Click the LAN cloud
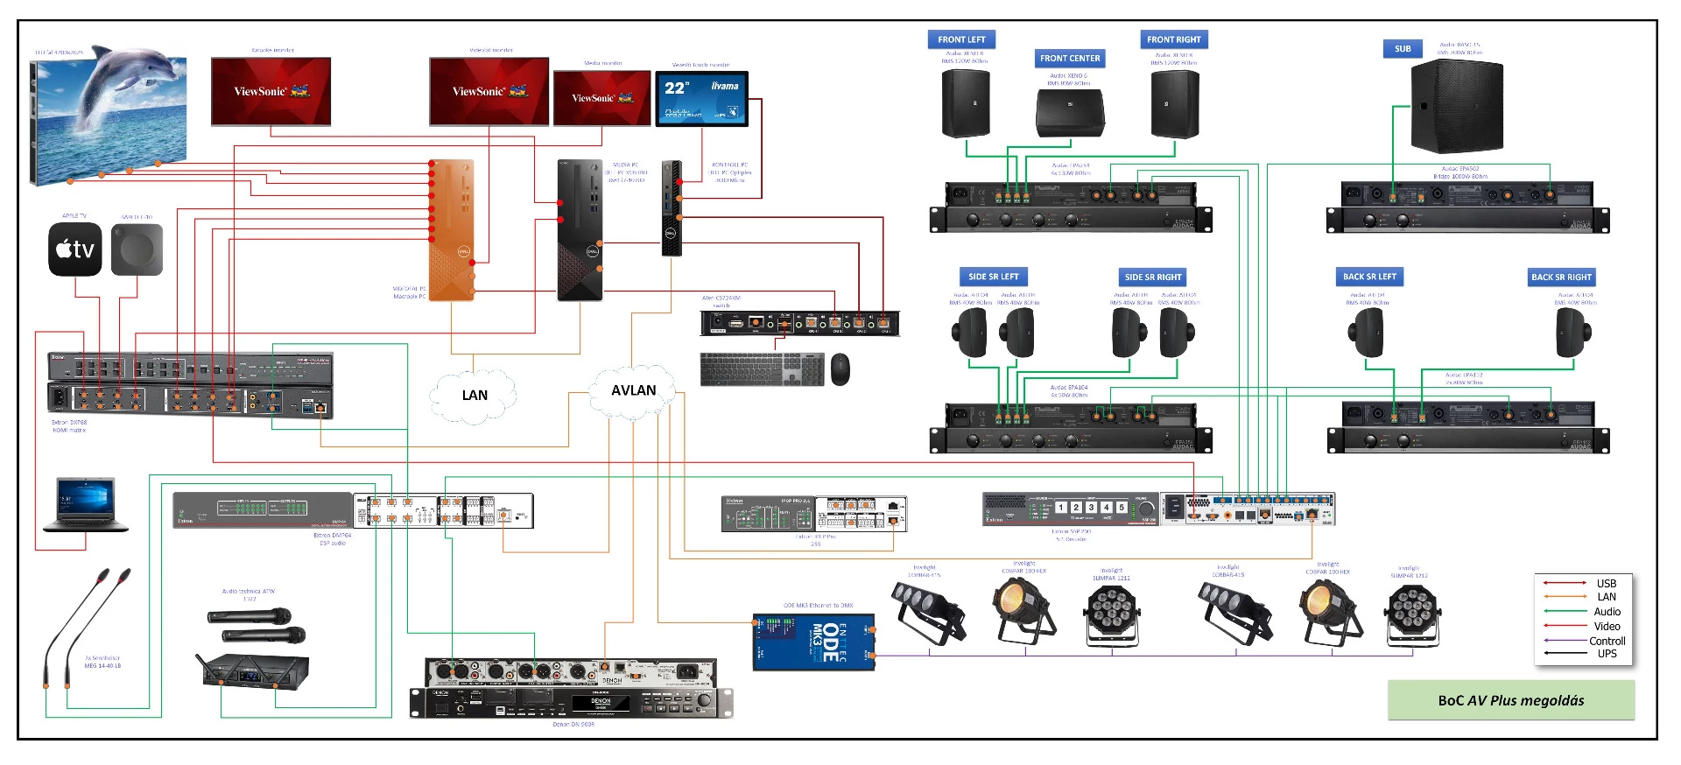[474, 396]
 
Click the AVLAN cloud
[633, 390]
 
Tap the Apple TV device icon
[74, 249]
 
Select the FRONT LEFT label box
[961, 39]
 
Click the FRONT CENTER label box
[1070, 59]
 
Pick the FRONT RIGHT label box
[1173, 39]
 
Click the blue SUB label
[1403, 49]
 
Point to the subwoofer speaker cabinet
[1457, 107]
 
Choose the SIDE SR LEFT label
[993, 277]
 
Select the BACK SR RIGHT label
[1561, 277]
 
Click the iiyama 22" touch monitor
[701, 99]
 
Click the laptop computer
[86, 504]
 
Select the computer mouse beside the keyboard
[840, 369]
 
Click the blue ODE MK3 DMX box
[813, 642]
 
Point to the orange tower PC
[452, 230]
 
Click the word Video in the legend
[1607, 626]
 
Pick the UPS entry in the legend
[1607, 654]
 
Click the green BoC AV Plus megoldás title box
[1510, 700]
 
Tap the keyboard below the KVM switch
[762, 368]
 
